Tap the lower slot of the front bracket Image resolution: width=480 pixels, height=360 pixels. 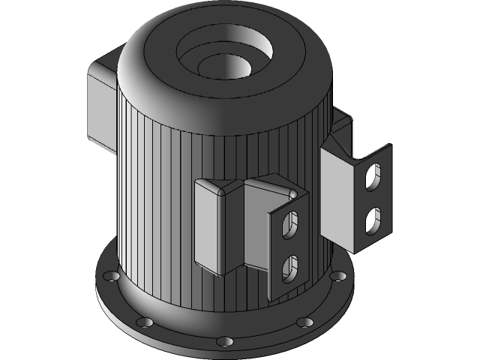290,265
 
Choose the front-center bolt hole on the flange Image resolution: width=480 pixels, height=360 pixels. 224,342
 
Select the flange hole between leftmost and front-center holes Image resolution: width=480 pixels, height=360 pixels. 145,322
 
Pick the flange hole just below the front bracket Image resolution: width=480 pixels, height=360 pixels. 304,322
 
